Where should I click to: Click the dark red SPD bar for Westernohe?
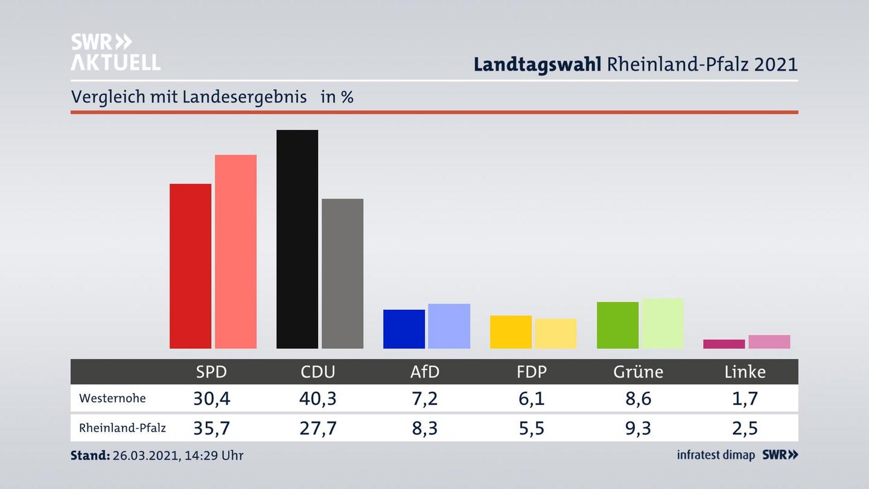click(190, 266)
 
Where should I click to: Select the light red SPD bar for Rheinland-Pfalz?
click(235, 251)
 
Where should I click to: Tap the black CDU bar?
click(297, 239)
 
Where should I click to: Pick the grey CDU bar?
click(342, 273)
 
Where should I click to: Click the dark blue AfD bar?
click(404, 329)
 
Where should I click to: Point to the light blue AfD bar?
click(449, 326)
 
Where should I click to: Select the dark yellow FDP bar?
click(511, 332)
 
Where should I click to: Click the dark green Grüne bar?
click(617, 325)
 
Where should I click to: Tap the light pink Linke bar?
click(769, 342)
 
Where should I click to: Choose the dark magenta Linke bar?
click(724, 344)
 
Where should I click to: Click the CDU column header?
click(318, 372)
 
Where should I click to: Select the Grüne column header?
click(638, 372)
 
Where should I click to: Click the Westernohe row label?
click(112, 398)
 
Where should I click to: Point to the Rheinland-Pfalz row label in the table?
click(123, 428)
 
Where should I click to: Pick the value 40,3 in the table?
click(318, 398)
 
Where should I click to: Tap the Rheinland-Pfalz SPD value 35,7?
click(211, 428)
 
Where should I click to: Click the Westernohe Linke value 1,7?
click(745, 398)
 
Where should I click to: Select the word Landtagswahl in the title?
click(537, 64)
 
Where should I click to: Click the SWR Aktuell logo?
click(115, 52)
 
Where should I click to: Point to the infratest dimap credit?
click(716, 455)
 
